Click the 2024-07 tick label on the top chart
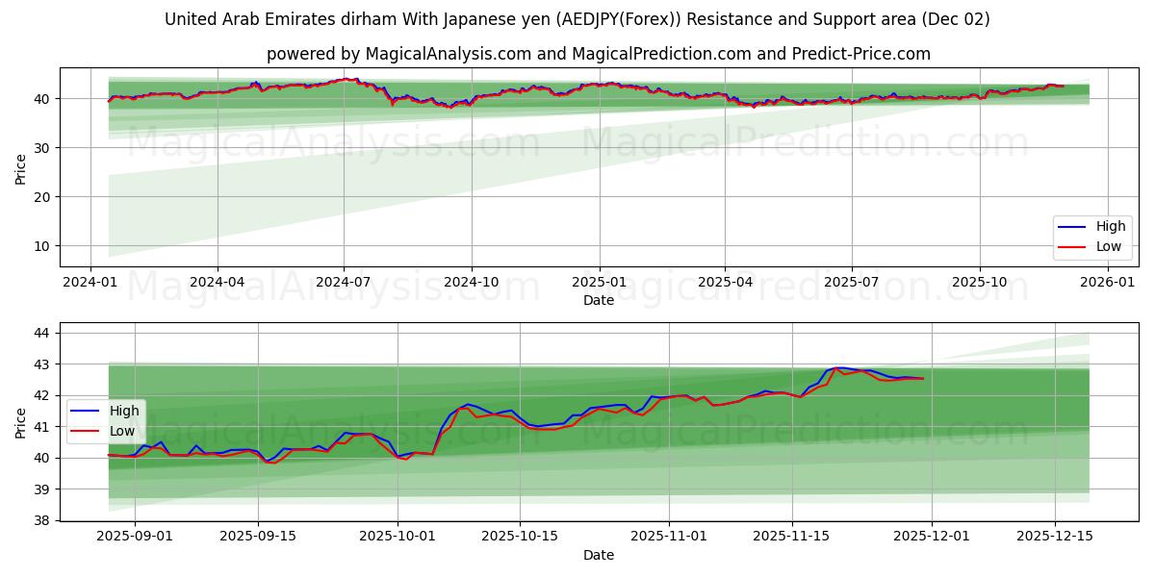point(344,282)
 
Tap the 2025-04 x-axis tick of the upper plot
point(725,282)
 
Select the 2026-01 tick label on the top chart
point(1107,282)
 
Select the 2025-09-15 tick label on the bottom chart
point(258,537)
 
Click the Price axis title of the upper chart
point(20,168)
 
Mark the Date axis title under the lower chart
point(599,555)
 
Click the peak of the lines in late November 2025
point(837,367)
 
